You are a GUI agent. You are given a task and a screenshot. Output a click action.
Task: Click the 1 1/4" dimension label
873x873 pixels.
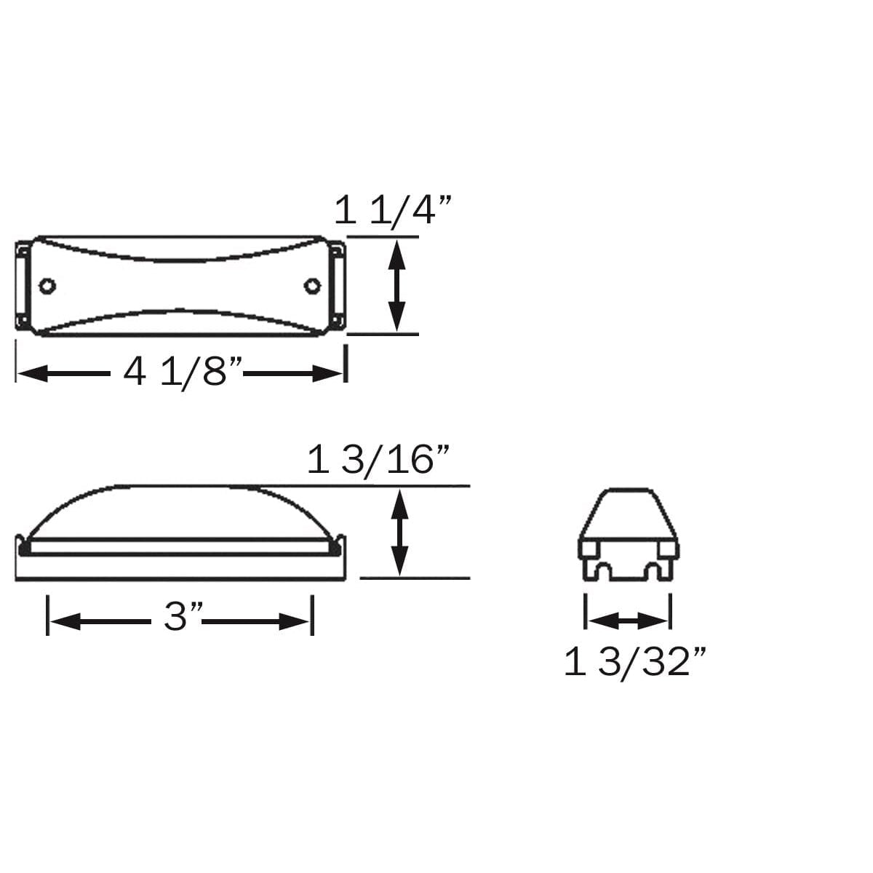pos(394,212)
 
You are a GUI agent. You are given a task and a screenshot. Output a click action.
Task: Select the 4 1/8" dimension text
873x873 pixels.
pos(182,373)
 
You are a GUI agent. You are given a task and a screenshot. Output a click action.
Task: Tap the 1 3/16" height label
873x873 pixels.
pos(378,461)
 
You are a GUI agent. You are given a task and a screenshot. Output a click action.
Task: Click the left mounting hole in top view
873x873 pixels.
pos(48,285)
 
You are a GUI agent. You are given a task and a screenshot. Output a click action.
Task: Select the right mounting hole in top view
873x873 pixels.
pos(314,285)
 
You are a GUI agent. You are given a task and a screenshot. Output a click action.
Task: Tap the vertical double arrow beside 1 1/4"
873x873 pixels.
pos(395,285)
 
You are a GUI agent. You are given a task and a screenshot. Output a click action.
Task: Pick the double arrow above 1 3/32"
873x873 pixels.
pos(627,621)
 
